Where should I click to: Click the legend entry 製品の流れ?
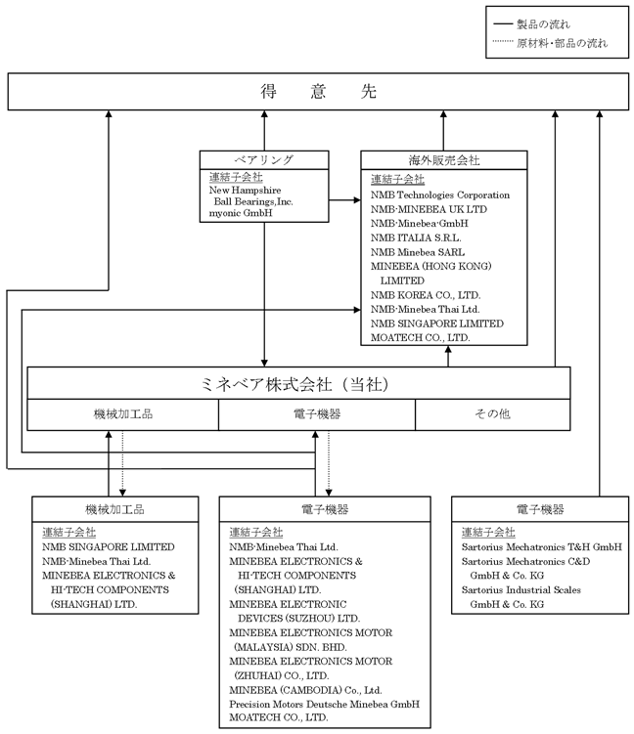[543, 23]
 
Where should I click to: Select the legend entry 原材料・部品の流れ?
[562, 43]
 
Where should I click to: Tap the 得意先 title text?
[318, 91]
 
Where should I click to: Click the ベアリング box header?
[264, 160]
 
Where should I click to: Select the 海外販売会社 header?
[444, 160]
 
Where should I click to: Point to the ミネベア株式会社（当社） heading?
[294, 384]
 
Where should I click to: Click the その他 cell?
[492, 413]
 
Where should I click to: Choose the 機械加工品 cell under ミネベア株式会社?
[122, 413]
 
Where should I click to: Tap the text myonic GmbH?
[241, 213]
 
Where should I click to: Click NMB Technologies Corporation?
[440, 194]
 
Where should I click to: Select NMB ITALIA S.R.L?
[416, 237]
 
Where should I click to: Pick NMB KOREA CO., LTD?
[426, 295]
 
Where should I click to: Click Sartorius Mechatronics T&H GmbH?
[542, 546]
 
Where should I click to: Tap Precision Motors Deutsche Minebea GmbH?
[324, 704]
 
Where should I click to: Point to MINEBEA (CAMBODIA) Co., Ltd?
[305, 690]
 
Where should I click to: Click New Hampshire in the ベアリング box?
[245, 190]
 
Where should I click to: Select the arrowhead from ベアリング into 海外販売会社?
[357, 200]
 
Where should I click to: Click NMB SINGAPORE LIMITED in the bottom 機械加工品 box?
[109, 546]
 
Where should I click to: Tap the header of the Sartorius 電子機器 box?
[540, 509]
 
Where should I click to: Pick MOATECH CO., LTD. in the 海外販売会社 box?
[420, 337]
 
